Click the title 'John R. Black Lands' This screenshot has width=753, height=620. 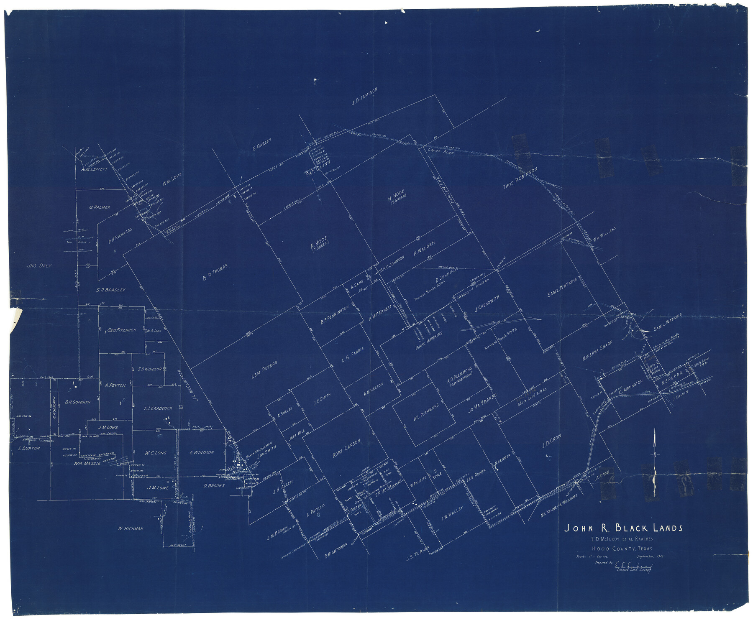click(x=623, y=528)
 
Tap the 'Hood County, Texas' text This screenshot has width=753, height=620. click(x=622, y=549)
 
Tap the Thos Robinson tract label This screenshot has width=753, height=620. click(x=520, y=179)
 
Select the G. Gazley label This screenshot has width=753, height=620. click(x=262, y=144)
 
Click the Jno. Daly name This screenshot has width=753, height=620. click(x=39, y=265)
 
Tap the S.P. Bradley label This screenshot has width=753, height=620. click(x=110, y=290)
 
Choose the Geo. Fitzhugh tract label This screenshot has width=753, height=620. click(x=122, y=330)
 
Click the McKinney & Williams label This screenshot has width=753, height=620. click(x=558, y=505)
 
